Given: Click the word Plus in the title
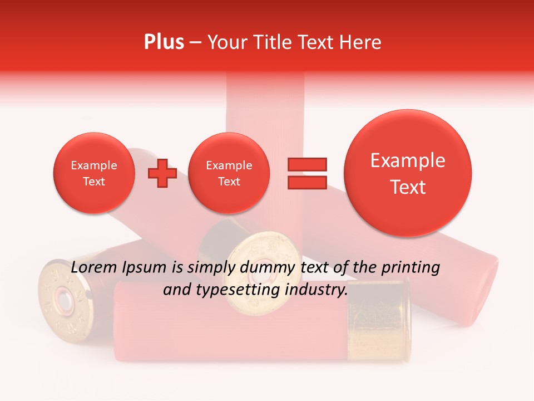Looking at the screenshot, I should (x=164, y=42).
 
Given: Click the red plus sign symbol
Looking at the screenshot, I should (x=162, y=173).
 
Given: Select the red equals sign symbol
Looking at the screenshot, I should (x=306, y=173).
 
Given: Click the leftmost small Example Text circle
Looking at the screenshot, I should (x=94, y=173).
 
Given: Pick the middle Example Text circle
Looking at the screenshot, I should (x=229, y=173).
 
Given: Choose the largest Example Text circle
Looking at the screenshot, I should (x=408, y=173).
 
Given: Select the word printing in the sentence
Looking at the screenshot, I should (x=411, y=268).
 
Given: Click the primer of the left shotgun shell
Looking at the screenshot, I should (x=65, y=301).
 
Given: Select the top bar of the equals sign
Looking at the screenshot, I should (x=306, y=165).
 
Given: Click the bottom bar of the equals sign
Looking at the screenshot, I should (x=306, y=182).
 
